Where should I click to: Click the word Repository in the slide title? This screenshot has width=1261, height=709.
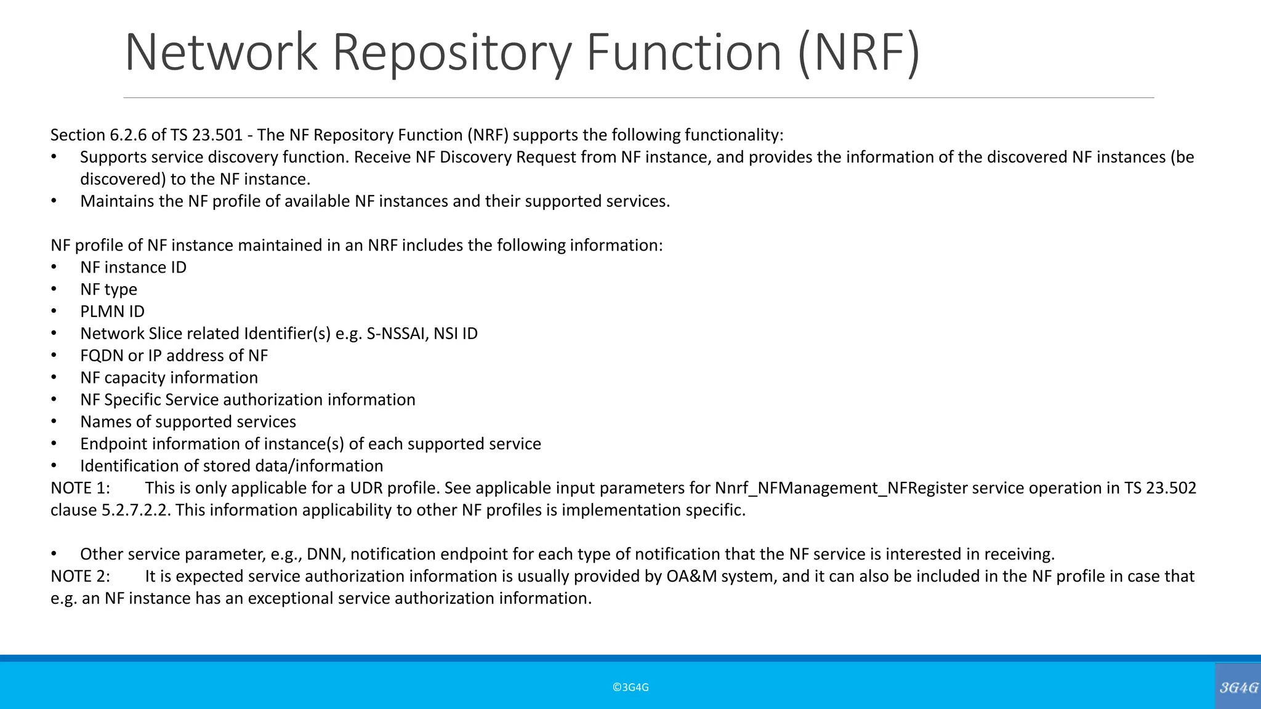click(x=453, y=52)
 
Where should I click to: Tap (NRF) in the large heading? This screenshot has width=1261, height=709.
click(x=858, y=52)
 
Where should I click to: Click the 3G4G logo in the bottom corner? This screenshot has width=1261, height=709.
click(x=1238, y=687)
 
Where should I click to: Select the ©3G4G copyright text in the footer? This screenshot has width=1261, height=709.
click(x=630, y=687)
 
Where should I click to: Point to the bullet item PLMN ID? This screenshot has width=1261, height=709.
click(x=112, y=311)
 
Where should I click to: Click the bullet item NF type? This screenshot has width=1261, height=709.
click(x=108, y=289)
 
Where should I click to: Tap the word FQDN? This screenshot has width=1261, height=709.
click(x=102, y=356)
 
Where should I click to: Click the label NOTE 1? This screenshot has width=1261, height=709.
click(x=80, y=488)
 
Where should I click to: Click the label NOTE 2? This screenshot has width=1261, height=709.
click(x=80, y=577)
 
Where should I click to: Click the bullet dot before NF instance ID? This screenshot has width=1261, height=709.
click(x=54, y=267)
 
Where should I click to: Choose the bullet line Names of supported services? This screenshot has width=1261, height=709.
click(x=188, y=422)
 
